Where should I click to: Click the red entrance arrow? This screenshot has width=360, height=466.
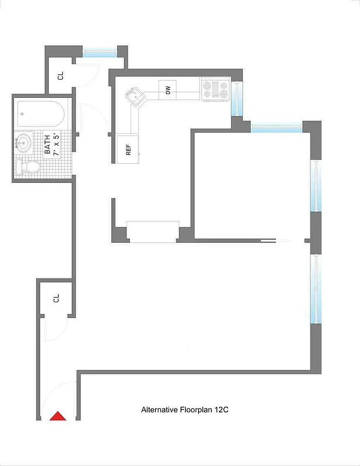(x=58, y=416)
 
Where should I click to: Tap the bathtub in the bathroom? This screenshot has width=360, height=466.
(x=40, y=114)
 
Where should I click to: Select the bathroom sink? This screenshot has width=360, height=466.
(x=23, y=143)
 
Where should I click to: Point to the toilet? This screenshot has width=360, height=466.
(x=29, y=167)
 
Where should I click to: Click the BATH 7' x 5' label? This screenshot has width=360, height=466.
(x=51, y=145)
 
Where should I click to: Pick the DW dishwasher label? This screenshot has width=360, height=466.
(x=168, y=90)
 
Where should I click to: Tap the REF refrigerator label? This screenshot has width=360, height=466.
(x=128, y=149)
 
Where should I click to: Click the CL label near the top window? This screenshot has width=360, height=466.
(x=60, y=76)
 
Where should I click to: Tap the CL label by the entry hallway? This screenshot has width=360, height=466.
(x=57, y=298)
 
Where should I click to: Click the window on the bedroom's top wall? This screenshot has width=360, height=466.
(x=276, y=126)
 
